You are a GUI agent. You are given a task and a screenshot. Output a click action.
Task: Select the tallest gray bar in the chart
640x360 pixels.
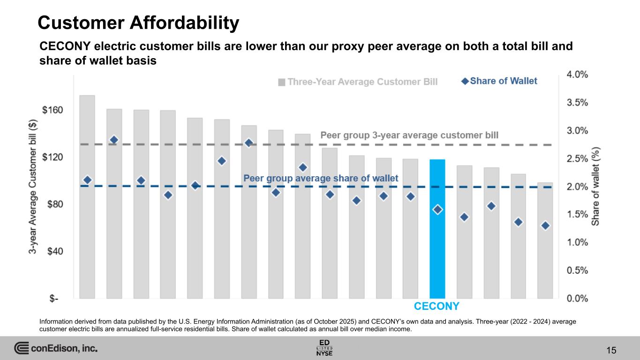[x=87, y=197]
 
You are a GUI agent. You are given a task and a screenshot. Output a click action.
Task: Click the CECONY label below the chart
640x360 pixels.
[x=437, y=307]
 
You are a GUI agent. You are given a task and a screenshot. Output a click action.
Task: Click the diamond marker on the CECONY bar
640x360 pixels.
[x=437, y=210]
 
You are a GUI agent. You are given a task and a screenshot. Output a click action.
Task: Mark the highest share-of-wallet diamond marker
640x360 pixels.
[x=113, y=140]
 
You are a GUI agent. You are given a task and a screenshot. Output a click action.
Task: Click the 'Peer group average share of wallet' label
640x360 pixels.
[x=321, y=178]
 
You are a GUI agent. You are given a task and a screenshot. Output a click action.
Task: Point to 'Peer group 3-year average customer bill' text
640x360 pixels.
[x=409, y=135]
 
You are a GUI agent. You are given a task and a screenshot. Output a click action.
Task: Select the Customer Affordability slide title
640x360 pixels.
[x=138, y=22]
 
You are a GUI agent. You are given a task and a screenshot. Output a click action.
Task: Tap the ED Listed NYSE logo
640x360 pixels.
[x=324, y=347]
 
